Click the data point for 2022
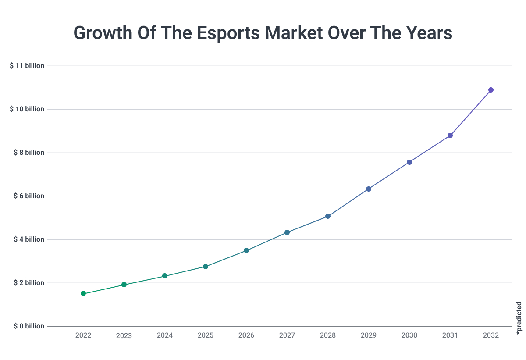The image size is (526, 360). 83,293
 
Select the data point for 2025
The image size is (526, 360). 206,267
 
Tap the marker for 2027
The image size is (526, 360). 287,232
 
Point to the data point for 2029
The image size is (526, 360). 369,189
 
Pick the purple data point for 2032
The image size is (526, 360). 491,90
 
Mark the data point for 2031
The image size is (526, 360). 450,135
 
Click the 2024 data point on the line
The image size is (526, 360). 165,276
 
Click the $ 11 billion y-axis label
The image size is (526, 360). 27,66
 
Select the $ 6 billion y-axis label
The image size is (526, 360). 27,196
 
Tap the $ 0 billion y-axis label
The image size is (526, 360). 27,326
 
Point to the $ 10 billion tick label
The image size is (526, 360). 27,109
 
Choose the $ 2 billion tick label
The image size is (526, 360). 27,283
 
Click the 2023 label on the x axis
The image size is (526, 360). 124,336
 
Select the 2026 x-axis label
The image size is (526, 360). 246,335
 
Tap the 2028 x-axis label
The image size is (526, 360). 328,335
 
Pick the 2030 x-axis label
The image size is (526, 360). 409,335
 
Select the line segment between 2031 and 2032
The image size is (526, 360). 471,113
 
